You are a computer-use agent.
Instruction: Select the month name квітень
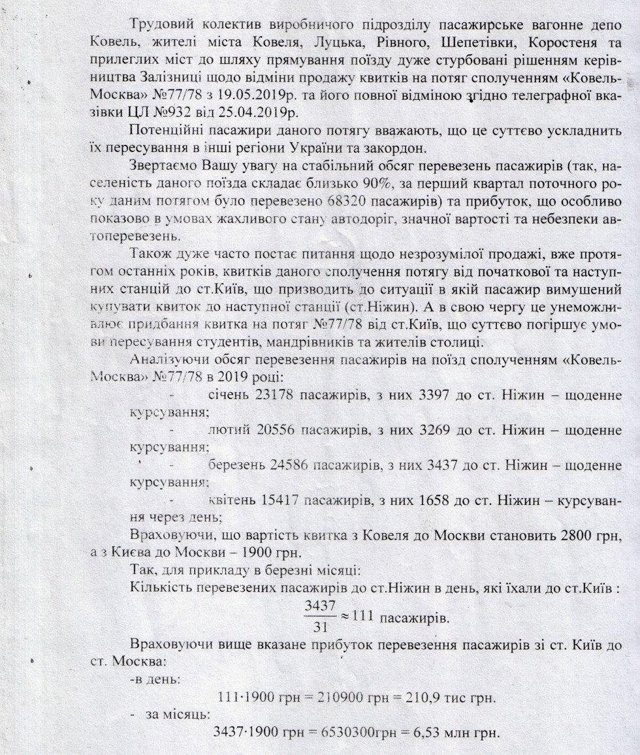point(231,501)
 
